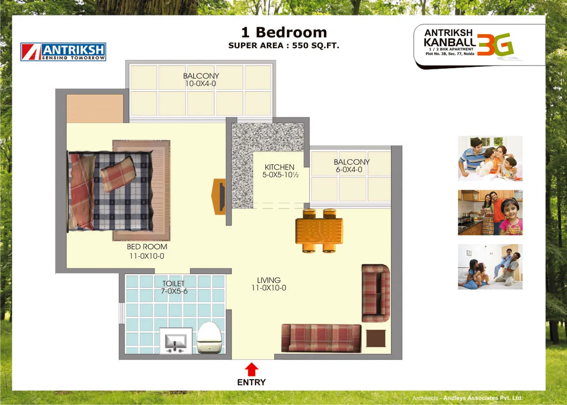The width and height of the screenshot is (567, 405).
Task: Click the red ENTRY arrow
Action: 251,369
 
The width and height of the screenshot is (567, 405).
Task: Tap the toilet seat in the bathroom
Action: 209,338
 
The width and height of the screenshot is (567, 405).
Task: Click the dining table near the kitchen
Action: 319,231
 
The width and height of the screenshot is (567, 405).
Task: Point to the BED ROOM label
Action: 147,246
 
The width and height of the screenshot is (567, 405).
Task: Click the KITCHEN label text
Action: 279,167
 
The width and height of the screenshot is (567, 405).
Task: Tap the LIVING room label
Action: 269,280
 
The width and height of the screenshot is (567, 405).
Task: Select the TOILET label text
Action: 174,283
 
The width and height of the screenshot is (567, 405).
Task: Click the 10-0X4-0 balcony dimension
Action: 201,84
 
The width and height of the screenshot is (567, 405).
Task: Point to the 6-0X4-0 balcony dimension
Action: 349,170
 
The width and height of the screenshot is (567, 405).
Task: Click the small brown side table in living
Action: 376,338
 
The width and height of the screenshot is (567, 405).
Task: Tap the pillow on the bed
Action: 118,174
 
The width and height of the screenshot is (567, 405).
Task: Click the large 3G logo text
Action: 495,44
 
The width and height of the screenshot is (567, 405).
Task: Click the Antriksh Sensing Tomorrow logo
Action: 63,52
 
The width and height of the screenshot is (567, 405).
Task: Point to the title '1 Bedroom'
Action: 284,32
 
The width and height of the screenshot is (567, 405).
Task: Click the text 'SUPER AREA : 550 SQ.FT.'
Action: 284,45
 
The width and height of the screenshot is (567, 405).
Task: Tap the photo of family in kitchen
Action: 490,212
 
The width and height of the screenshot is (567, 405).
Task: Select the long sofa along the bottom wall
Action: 321,338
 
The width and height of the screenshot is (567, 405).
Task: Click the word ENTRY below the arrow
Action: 251,382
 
